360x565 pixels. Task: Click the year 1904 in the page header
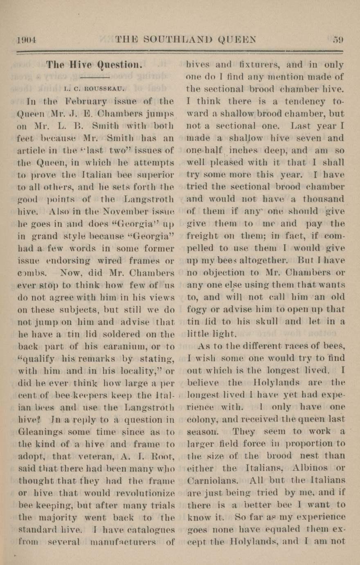pyautogui.click(x=27, y=40)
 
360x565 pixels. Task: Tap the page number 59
pyautogui.click(x=338, y=40)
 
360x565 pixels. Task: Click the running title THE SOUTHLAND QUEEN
pyautogui.click(x=186, y=40)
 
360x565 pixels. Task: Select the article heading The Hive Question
pyautogui.click(x=94, y=64)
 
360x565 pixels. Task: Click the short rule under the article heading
pyautogui.click(x=94, y=77)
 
